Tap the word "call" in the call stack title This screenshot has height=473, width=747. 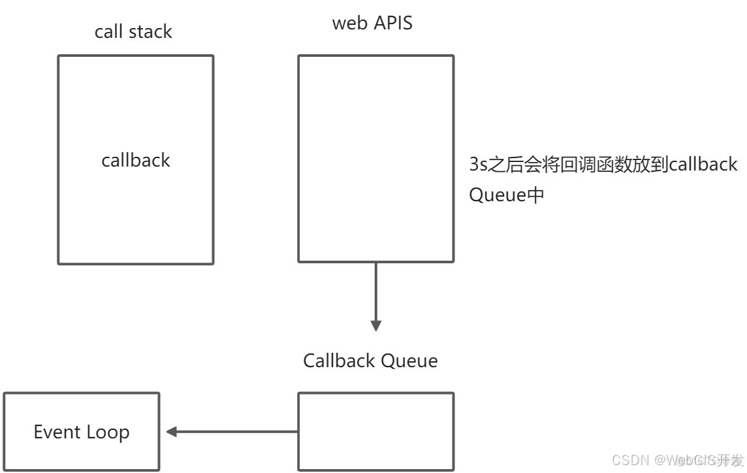108,32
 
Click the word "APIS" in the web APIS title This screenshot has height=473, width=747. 393,23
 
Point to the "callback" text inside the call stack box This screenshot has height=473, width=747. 136,161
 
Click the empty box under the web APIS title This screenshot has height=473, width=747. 375,159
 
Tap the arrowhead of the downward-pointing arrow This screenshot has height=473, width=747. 375,325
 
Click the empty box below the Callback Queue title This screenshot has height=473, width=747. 375,431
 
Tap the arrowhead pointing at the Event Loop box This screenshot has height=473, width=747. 172,431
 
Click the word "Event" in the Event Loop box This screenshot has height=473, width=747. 56,432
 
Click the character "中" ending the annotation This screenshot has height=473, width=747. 535,195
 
